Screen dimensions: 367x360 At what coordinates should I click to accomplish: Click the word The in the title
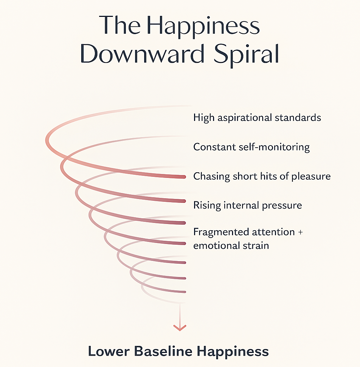coord(119,25)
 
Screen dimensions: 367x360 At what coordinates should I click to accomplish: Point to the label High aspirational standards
coord(257,117)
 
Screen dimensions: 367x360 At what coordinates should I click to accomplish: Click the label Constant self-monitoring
coord(251,147)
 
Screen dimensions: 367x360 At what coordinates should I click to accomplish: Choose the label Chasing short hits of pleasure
coord(262,176)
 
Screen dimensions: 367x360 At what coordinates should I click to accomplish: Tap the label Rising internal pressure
coord(247,205)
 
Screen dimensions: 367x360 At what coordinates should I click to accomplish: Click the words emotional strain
coord(231,245)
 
